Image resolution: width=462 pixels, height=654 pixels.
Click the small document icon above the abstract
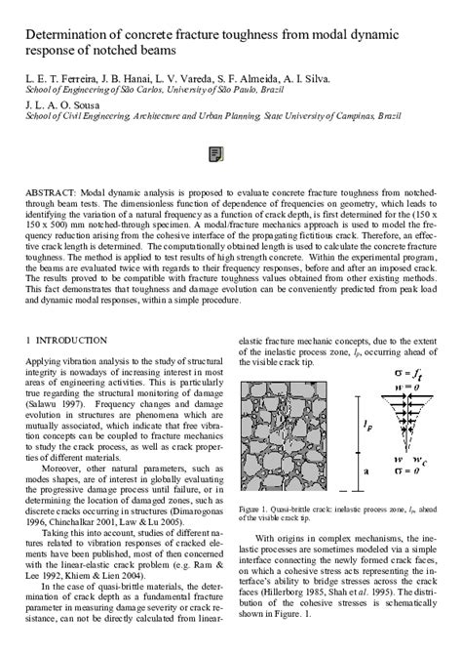[x=215, y=153]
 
